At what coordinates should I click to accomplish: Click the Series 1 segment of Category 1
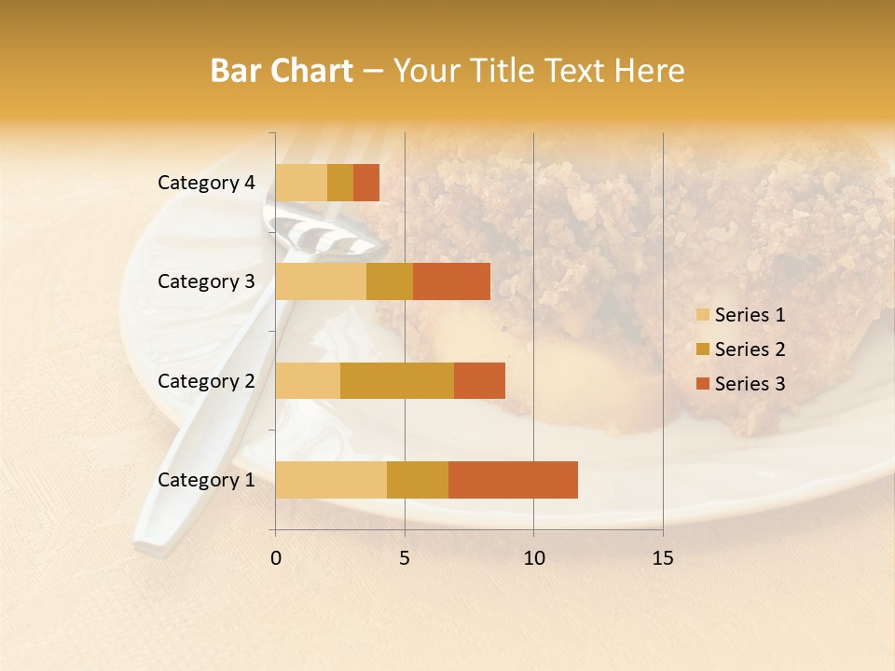click(331, 479)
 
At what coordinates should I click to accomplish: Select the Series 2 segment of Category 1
click(418, 479)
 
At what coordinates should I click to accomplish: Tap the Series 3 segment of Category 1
click(513, 479)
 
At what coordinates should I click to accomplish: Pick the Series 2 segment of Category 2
click(397, 380)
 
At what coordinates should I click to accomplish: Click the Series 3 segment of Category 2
click(479, 380)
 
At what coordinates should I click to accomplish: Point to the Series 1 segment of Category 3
click(321, 281)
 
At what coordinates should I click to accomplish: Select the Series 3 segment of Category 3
click(451, 281)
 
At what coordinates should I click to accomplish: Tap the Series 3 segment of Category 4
click(366, 183)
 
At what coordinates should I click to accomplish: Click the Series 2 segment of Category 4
click(340, 183)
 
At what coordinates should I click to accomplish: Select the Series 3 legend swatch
click(702, 384)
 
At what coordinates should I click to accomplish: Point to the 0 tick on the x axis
click(276, 558)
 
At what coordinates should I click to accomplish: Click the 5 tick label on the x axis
click(405, 558)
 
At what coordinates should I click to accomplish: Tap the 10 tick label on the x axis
click(533, 558)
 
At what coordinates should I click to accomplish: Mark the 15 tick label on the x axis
click(662, 558)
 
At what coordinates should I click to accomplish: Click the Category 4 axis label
click(206, 183)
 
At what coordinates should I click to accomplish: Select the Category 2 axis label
click(206, 380)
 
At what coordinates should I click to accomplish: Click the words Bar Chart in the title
click(282, 71)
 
